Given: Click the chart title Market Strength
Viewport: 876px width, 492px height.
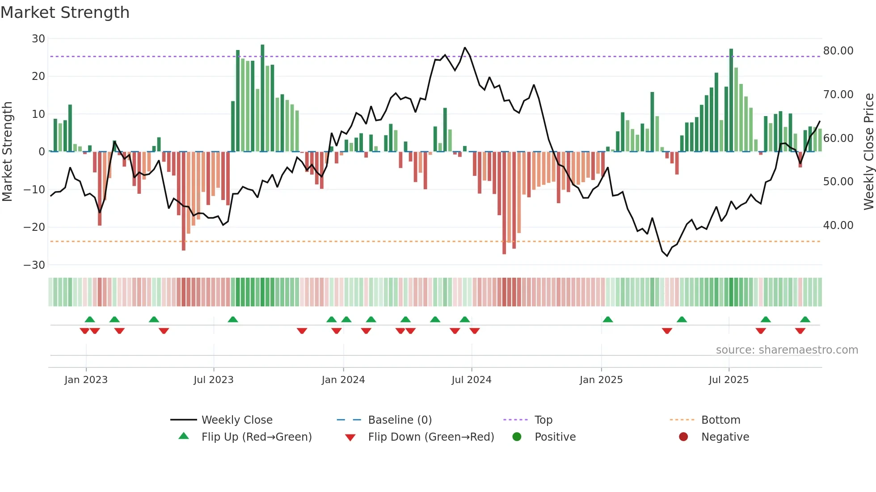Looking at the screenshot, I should point(65,13).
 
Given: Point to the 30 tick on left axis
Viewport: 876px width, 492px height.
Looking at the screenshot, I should point(38,39).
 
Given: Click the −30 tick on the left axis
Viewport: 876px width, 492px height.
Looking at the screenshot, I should point(34,265).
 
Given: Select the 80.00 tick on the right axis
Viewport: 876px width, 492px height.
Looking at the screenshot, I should point(838,51).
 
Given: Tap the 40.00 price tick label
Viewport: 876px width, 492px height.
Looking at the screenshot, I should point(838,225).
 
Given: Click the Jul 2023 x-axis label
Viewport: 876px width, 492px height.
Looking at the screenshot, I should point(213,380).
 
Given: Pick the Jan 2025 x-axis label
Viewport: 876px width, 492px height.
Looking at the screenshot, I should point(601,380).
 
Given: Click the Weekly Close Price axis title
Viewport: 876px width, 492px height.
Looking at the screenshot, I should point(868,152).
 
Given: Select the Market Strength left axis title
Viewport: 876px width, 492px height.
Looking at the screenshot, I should point(7,152).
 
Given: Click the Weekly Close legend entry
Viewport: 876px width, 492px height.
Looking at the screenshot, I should point(236,420).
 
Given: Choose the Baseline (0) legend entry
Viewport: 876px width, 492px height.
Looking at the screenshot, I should point(400,420).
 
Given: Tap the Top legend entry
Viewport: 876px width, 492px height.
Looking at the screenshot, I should point(543,420).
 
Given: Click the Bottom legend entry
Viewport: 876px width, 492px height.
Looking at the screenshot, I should point(720,420).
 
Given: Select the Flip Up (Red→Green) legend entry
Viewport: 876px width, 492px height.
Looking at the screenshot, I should point(256,437).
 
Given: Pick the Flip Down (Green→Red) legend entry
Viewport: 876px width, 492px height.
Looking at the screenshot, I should point(431,437).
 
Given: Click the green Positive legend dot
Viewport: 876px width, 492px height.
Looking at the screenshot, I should point(517,437).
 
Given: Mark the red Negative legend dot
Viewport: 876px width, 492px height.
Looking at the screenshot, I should point(683,437).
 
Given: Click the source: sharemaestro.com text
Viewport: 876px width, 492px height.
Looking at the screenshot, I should point(787,350).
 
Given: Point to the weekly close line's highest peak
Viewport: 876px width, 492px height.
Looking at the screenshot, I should point(465,48).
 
